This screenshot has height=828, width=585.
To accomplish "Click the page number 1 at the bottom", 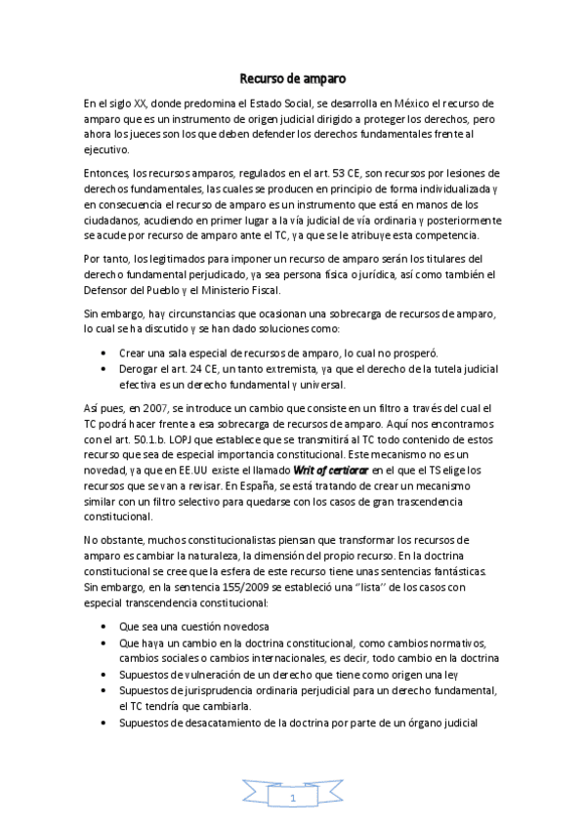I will click(293, 799).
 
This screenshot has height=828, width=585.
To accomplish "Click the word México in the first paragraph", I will click(379, 103).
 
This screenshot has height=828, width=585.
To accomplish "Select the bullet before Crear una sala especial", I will click(104, 353).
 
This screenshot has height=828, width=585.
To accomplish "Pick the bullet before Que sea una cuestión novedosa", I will click(104, 625).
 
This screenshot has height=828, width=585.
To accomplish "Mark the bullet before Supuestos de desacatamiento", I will click(104, 724).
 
